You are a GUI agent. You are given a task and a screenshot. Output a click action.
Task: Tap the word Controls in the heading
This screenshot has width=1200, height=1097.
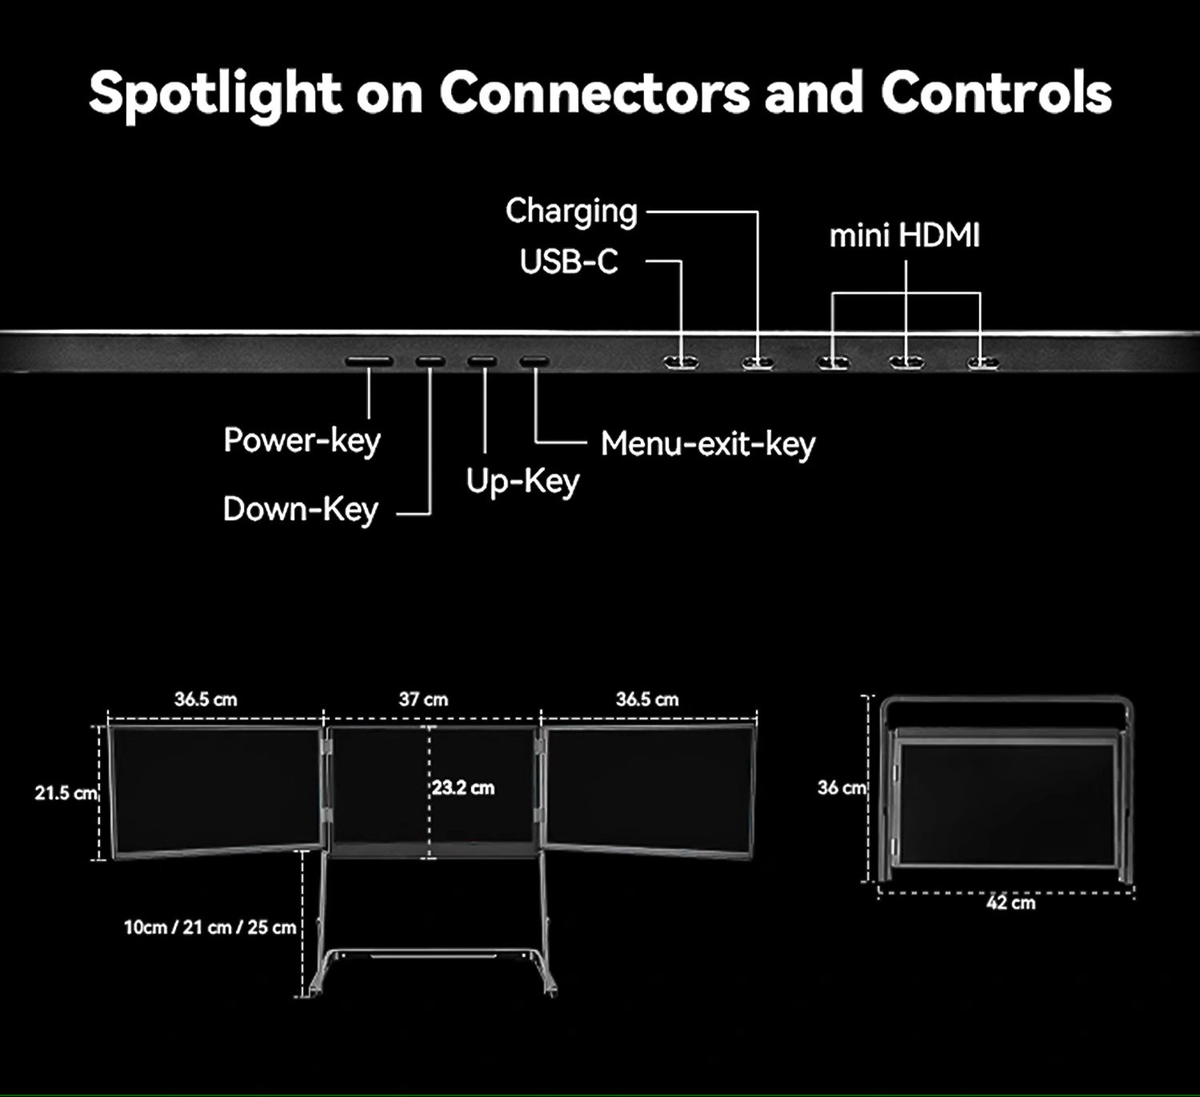click(x=996, y=93)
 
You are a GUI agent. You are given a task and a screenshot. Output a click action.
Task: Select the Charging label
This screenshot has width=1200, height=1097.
click(x=571, y=212)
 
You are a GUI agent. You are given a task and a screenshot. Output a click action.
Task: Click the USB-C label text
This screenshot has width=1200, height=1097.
click(x=569, y=262)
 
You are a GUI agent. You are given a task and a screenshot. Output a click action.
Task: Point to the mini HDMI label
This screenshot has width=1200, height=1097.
click(x=904, y=236)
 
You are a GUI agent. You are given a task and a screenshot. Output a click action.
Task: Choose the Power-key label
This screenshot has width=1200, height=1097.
click(x=302, y=441)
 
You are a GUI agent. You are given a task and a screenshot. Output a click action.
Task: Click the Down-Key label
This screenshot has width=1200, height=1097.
click(x=300, y=510)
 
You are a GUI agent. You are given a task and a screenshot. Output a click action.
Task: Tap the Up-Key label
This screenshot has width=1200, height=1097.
click(x=522, y=482)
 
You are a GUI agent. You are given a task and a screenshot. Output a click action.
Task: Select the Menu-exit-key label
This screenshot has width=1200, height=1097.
click(x=707, y=444)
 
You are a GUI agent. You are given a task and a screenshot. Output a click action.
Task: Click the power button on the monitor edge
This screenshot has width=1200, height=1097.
click(x=369, y=362)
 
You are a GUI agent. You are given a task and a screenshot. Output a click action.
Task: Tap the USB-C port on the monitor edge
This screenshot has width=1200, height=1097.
click(x=681, y=362)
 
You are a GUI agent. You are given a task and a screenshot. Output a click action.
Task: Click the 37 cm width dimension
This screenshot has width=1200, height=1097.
click(x=423, y=699)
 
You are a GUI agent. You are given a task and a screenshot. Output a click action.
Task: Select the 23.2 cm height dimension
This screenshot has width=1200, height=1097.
click(x=463, y=788)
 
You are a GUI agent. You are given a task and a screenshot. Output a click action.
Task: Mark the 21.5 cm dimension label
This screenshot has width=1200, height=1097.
click(x=66, y=793)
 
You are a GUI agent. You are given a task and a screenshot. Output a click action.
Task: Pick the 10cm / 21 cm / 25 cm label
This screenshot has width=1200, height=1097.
click(x=210, y=927)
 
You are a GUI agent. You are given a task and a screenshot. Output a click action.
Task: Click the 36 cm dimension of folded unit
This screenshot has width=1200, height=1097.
click(x=841, y=788)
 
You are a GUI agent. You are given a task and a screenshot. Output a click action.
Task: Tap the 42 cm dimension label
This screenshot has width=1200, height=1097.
click(x=1010, y=903)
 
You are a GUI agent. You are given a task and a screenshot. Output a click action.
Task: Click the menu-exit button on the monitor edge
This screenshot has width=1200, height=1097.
click(x=534, y=362)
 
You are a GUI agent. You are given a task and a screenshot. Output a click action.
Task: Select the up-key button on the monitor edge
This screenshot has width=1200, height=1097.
click(x=482, y=362)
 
